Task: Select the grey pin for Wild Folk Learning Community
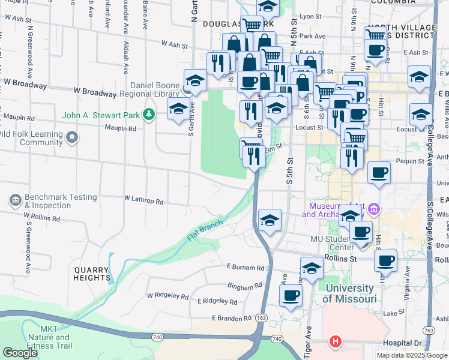coord(72,138)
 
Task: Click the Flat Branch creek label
coord(204,230)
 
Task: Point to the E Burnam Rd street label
coord(246,267)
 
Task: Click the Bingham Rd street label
coord(246,286)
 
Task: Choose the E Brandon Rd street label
coord(231,318)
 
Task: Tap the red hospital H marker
coord(335,342)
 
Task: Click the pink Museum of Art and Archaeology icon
coord(374,209)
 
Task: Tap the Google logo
coord(20,353)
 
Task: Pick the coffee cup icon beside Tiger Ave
coord(291,295)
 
